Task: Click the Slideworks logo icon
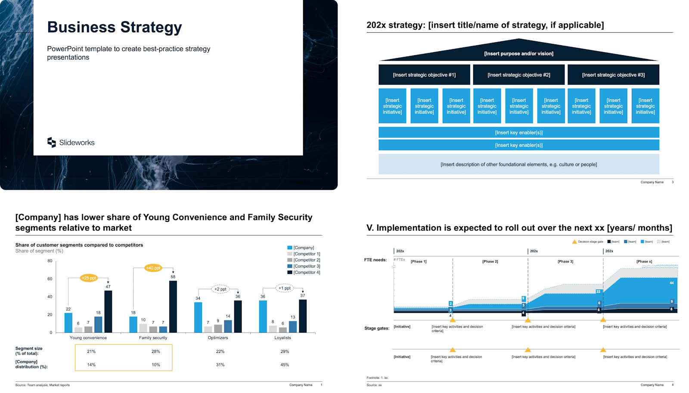point(52,142)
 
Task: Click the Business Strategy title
point(115,27)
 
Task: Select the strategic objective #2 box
point(518,75)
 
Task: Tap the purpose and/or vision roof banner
point(518,53)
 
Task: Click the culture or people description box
point(518,164)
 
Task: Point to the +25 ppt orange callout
point(89,278)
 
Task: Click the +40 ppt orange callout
point(153,268)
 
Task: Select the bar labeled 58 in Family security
point(173,306)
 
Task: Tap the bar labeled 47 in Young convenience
point(108,311)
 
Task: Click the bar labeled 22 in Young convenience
point(68,322)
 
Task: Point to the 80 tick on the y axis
point(50,261)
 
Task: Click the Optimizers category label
point(218,338)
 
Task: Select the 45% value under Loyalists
point(285,365)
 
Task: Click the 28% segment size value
point(155,352)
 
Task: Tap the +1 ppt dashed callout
point(284,288)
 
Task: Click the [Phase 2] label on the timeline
point(490,262)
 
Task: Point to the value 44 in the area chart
point(671,283)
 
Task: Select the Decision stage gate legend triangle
point(574,242)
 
